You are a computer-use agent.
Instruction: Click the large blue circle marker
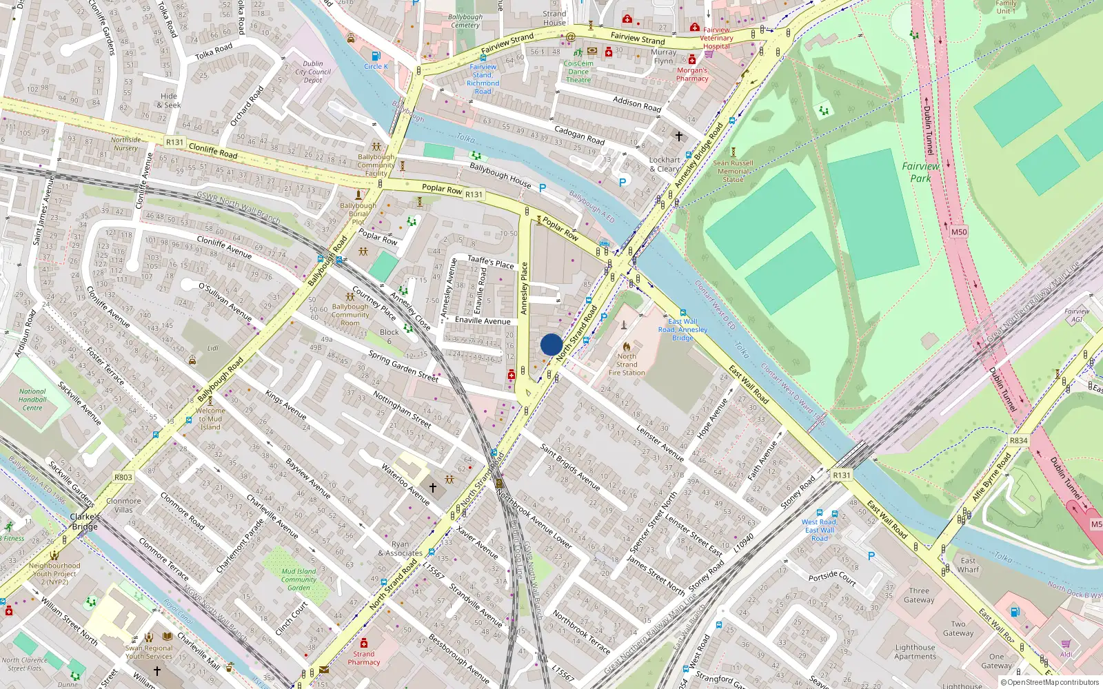pos(551,344)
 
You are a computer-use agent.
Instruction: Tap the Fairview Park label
pos(920,172)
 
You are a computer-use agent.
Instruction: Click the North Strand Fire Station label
pos(627,364)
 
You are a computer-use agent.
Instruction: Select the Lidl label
pos(213,349)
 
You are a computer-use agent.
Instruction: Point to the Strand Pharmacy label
pos(363,658)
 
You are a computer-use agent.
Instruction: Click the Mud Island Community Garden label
pos(298,579)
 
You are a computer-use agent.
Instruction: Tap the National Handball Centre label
pos(32,400)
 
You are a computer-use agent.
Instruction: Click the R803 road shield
pos(123,477)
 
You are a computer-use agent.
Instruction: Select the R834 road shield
pos(1018,441)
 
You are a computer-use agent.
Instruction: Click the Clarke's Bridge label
pos(84,522)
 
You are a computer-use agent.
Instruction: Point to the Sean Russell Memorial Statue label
pos(733,172)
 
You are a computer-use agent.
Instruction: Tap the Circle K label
pos(376,67)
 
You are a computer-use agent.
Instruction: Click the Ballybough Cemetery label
pos(465,21)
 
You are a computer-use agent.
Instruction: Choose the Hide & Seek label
pos(169,101)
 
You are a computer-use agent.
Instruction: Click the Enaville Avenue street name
pos(483,321)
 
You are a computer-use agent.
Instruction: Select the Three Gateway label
pos(919,595)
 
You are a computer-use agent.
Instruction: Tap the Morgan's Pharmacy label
pos(692,74)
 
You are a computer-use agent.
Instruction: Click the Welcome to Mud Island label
pos(210,419)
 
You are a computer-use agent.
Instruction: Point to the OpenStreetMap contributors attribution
pos(1053,683)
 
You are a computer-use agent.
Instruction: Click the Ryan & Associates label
pos(400,548)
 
